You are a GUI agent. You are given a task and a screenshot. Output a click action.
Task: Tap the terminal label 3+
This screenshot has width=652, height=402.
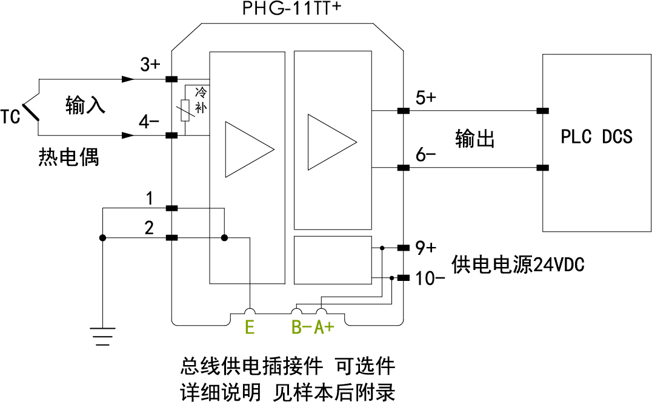point(150,64)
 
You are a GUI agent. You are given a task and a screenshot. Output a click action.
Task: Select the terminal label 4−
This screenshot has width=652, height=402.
point(149,122)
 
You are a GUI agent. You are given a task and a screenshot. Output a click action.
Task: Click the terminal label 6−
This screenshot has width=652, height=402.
point(425,154)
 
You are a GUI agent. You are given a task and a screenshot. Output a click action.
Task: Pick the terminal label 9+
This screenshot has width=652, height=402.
point(425,248)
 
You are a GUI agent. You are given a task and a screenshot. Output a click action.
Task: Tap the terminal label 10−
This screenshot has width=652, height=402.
point(431,279)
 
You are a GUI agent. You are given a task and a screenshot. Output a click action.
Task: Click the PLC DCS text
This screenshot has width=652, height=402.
point(596,137)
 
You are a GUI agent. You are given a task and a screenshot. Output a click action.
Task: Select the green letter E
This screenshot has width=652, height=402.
point(249,328)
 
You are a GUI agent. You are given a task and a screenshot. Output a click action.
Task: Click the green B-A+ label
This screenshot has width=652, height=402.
point(313,328)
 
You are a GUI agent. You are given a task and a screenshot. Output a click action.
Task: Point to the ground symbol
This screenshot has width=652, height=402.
point(103,335)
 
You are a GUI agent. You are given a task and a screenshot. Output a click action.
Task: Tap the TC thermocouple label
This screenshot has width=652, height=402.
point(10,116)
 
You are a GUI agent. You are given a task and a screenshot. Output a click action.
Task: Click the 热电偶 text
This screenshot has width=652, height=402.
point(68,157)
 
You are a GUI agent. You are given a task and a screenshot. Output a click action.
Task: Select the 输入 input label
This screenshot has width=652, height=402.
point(85,105)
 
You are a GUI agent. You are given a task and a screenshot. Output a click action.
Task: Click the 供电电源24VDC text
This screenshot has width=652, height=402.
point(518,264)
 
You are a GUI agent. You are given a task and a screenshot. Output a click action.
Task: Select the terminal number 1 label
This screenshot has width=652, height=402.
point(149,198)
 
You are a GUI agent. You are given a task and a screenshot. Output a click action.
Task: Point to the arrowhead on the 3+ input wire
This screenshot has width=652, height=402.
point(128,79)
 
